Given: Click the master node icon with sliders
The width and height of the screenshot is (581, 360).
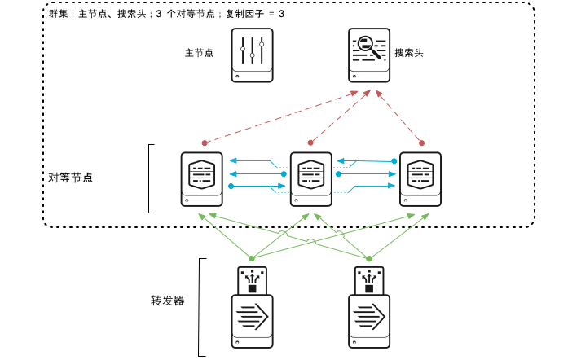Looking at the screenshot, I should (252, 55).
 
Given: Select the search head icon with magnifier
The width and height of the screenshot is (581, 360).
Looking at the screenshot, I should (369, 55).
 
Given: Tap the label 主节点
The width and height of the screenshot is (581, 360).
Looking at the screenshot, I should (199, 53).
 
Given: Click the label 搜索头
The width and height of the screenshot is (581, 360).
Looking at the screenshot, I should (409, 53).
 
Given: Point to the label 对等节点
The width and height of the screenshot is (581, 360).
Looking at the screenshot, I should (71, 177).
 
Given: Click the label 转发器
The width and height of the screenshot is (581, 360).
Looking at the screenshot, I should (167, 301).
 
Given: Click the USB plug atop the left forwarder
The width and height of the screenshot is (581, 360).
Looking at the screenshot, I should (252, 279).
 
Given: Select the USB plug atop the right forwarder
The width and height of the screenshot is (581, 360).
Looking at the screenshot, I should (369, 279).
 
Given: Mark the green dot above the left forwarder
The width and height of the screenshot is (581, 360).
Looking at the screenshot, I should (252, 258).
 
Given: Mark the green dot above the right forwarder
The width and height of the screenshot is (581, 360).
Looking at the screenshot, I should (368, 258).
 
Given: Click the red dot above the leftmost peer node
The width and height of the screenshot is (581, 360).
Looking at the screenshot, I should (205, 143).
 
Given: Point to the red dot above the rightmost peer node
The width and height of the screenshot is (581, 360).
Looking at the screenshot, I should (421, 143).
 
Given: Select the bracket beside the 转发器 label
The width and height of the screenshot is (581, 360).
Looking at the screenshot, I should (201, 307).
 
